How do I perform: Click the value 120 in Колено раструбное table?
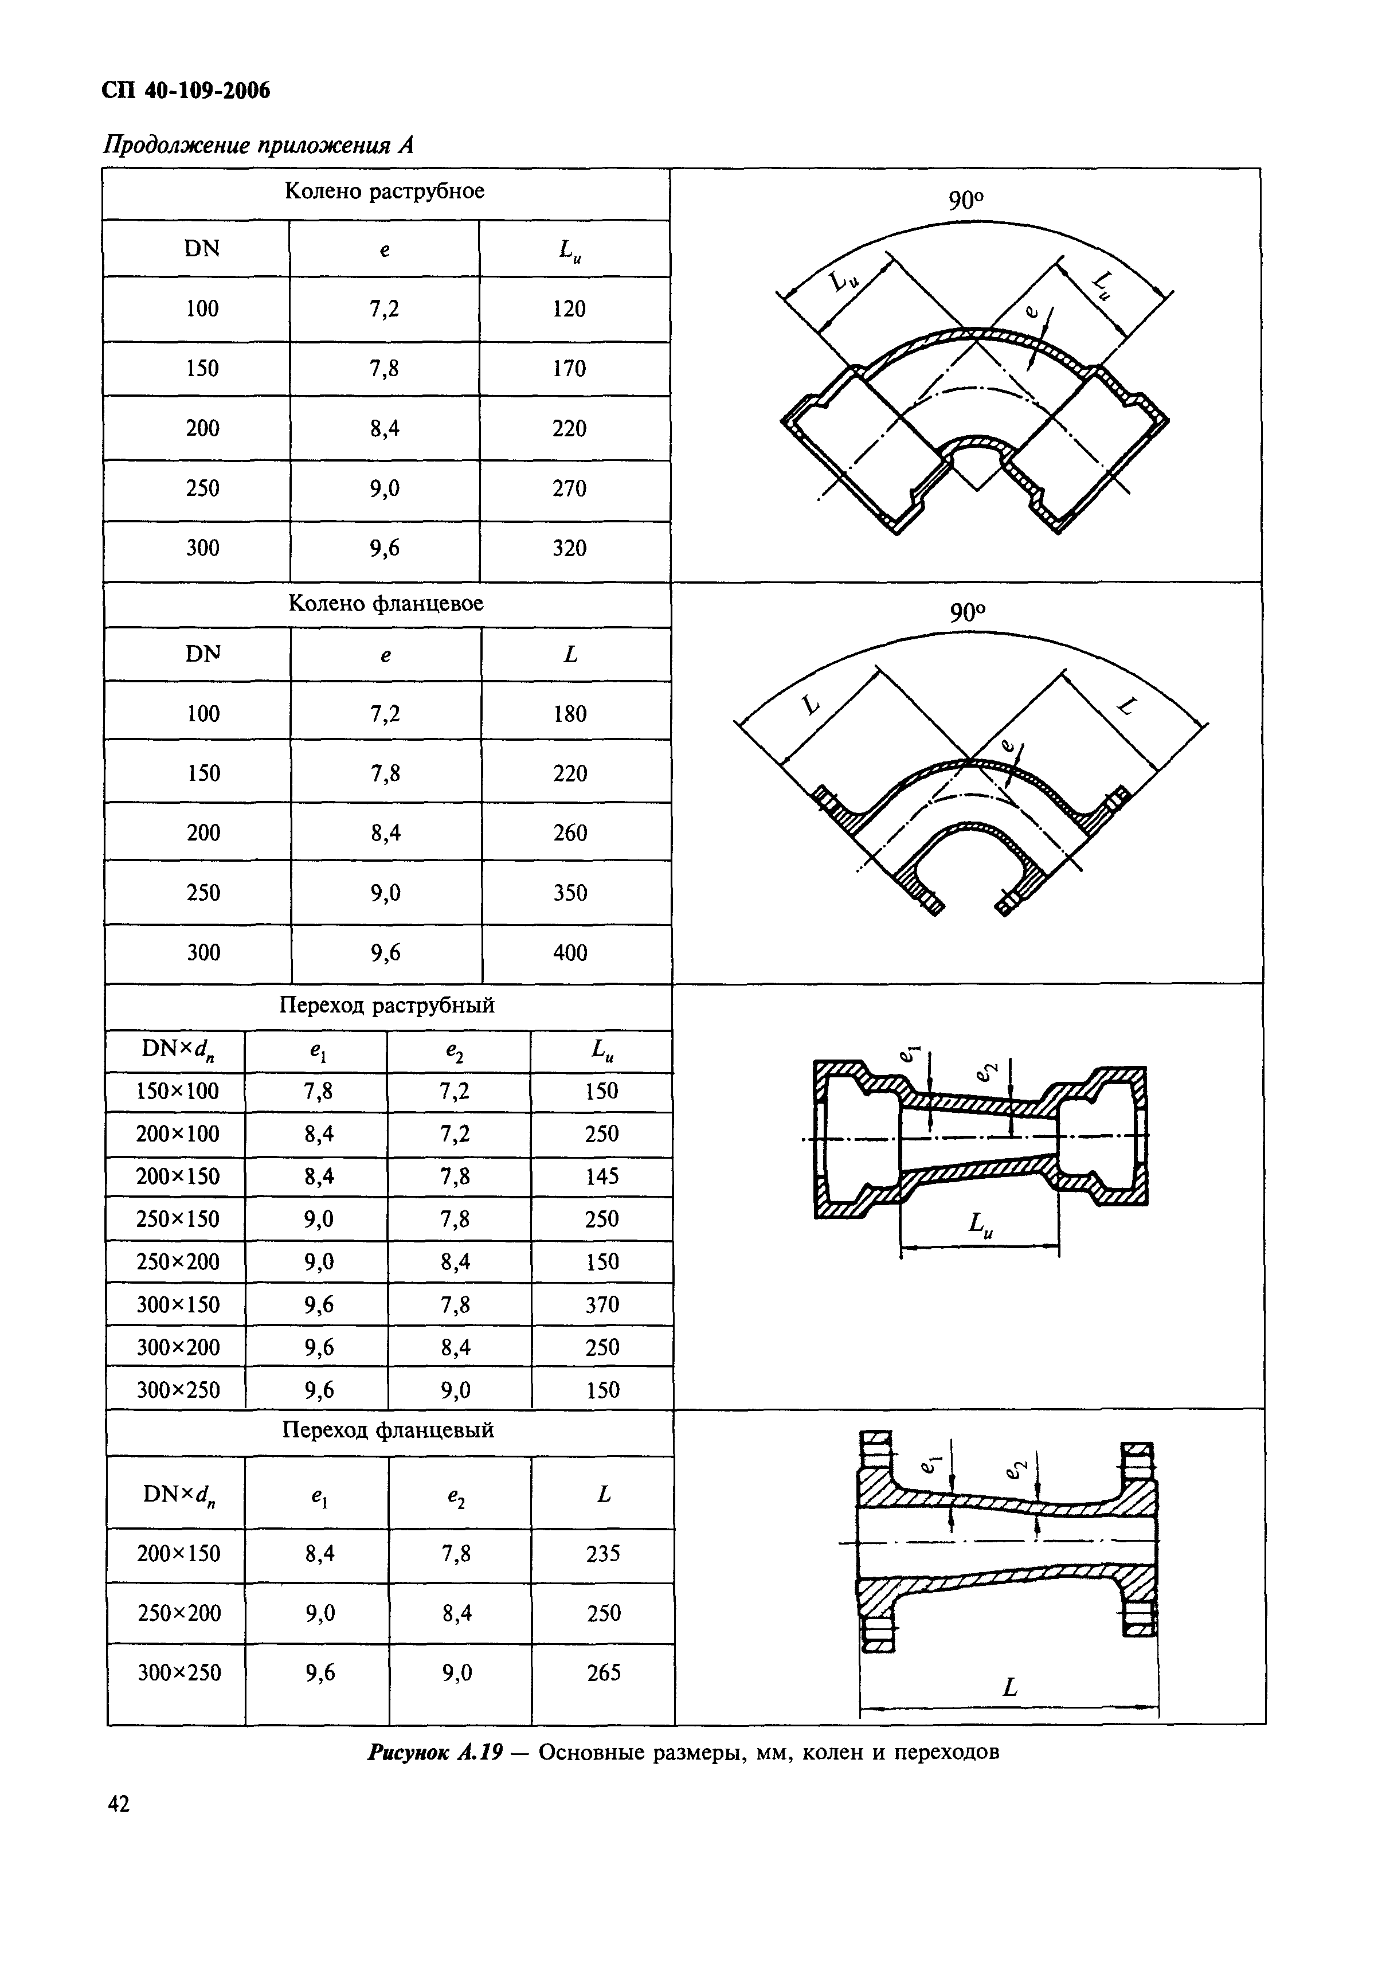pyautogui.click(x=569, y=309)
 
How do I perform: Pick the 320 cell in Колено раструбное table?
pyautogui.click(x=569, y=548)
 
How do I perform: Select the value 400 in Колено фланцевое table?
pyautogui.click(x=570, y=952)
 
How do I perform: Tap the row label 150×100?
pyautogui.click(x=177, y=1092)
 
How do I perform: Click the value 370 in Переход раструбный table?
pyautogui.click(x=601, y=1304)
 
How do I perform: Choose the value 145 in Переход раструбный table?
pyautogui.click(x=601, y=1176)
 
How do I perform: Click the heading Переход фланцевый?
pyautogui.click(x=388, y=1430)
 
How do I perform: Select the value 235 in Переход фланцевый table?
pyautogui.click(x=602, y=1554)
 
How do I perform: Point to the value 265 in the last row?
pyautogui.click(x=603, y=1672)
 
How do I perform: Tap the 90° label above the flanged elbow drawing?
pyautogui.click(x=967, y=613)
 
